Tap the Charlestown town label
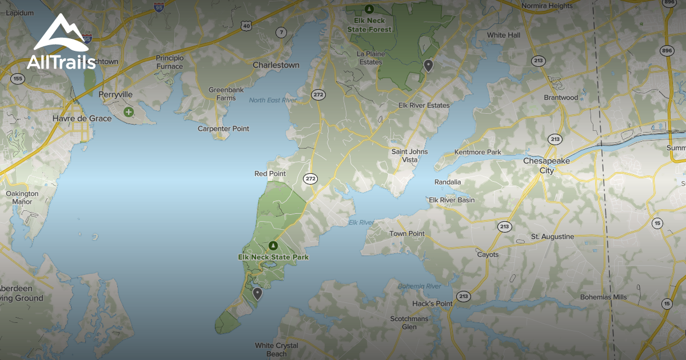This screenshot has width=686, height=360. point(276,65)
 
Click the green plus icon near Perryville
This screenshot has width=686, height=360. point(129,112)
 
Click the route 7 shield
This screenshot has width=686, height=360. point(281,33)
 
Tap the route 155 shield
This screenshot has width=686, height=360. point(18,78)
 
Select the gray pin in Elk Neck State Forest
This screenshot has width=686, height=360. point(428,66)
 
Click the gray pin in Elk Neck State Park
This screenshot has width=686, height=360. point(258,294)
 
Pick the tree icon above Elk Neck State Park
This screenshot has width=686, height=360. point(273,246)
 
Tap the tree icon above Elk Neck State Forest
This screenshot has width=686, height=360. point(369,9)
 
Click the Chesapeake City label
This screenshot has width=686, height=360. point(547,166)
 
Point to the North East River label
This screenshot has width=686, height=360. point(273,101)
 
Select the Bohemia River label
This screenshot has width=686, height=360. point(420,286)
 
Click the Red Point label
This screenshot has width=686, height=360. point(270,174)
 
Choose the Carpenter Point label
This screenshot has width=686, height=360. point(224,129)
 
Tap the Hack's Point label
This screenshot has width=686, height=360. point(433,303)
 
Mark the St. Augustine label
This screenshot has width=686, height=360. point(552,237)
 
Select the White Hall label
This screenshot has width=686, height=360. point(504,35)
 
